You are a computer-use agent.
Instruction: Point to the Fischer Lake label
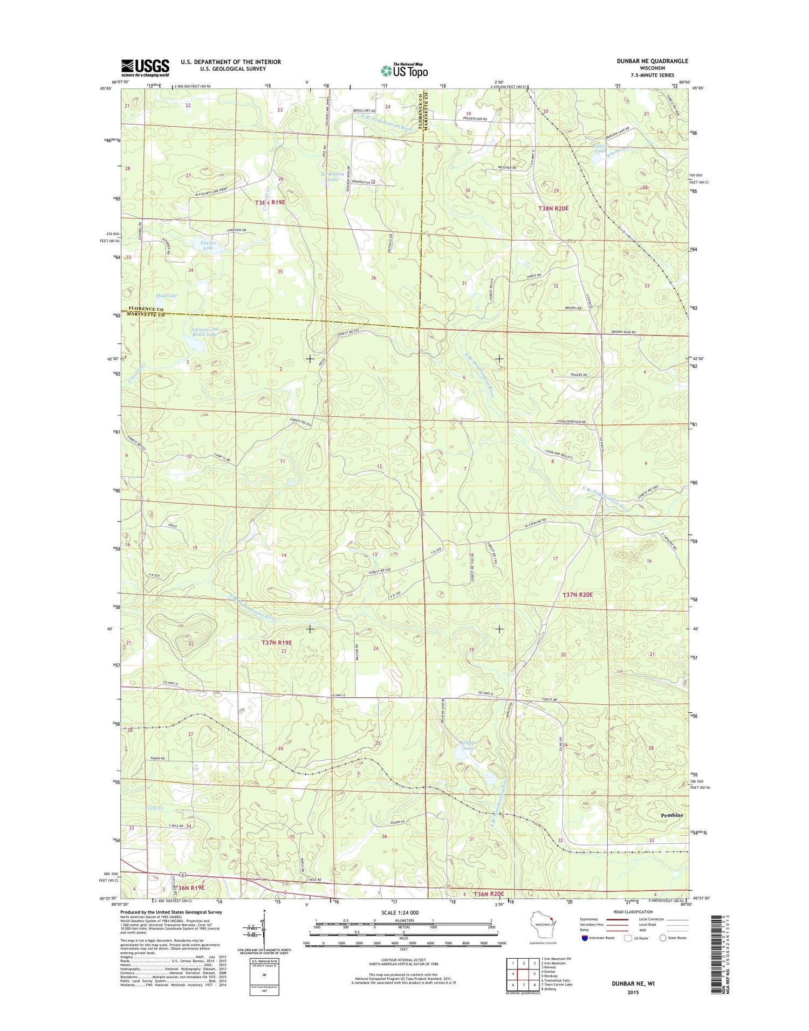208,245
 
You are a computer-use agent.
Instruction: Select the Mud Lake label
168,296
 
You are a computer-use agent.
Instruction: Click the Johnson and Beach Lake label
204,332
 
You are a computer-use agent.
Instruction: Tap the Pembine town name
671,815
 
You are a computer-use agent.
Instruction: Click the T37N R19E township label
276,642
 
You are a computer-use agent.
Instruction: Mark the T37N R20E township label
578,594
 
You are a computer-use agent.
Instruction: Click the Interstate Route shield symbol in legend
586,938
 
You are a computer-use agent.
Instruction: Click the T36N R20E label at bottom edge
488,894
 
